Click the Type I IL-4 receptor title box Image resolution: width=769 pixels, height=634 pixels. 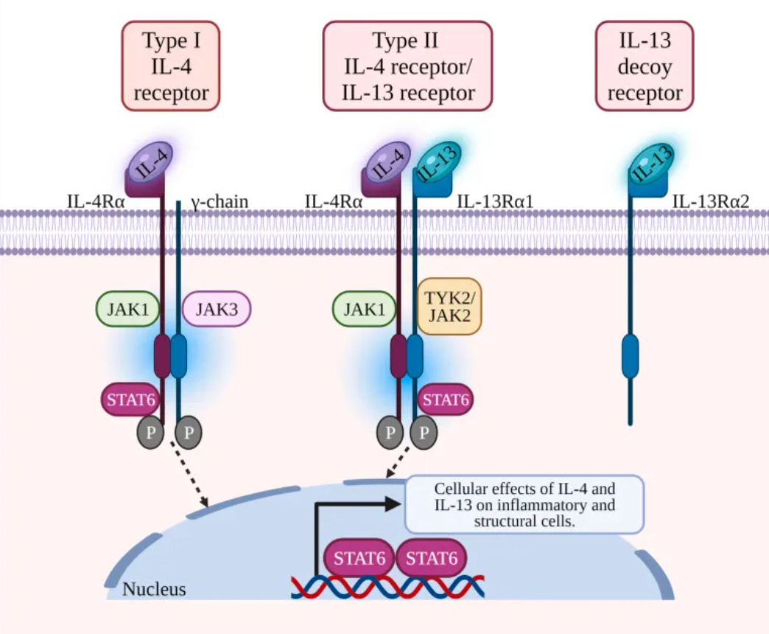[x=171, y=66]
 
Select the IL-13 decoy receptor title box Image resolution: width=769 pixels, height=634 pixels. [x=645, y=66]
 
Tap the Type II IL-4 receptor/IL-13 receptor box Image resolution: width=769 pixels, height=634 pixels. [x=407, y=66]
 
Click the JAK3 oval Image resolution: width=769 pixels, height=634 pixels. [x=217, y=309]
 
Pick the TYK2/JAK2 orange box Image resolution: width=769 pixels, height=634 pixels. [x=449, y=307]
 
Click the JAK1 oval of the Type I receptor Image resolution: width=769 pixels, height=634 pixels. [x=127, y=309]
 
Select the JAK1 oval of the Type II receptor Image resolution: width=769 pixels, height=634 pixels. [x=364, y=309]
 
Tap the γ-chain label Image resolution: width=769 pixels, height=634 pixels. [x=220, y=202]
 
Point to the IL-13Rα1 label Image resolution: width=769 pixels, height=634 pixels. [x=495, y=201]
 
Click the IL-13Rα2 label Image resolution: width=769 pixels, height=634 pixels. [x=711, y=201]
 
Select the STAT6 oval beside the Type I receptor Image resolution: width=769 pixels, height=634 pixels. [x=130, y=400]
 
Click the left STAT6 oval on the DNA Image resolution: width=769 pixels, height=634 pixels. [x=359, y=558]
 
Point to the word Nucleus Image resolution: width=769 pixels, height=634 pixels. [x=154, y=589]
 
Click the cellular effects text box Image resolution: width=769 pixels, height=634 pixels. [x=524, y=504]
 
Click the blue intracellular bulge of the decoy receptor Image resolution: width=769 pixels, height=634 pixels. [x=631, y=356]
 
